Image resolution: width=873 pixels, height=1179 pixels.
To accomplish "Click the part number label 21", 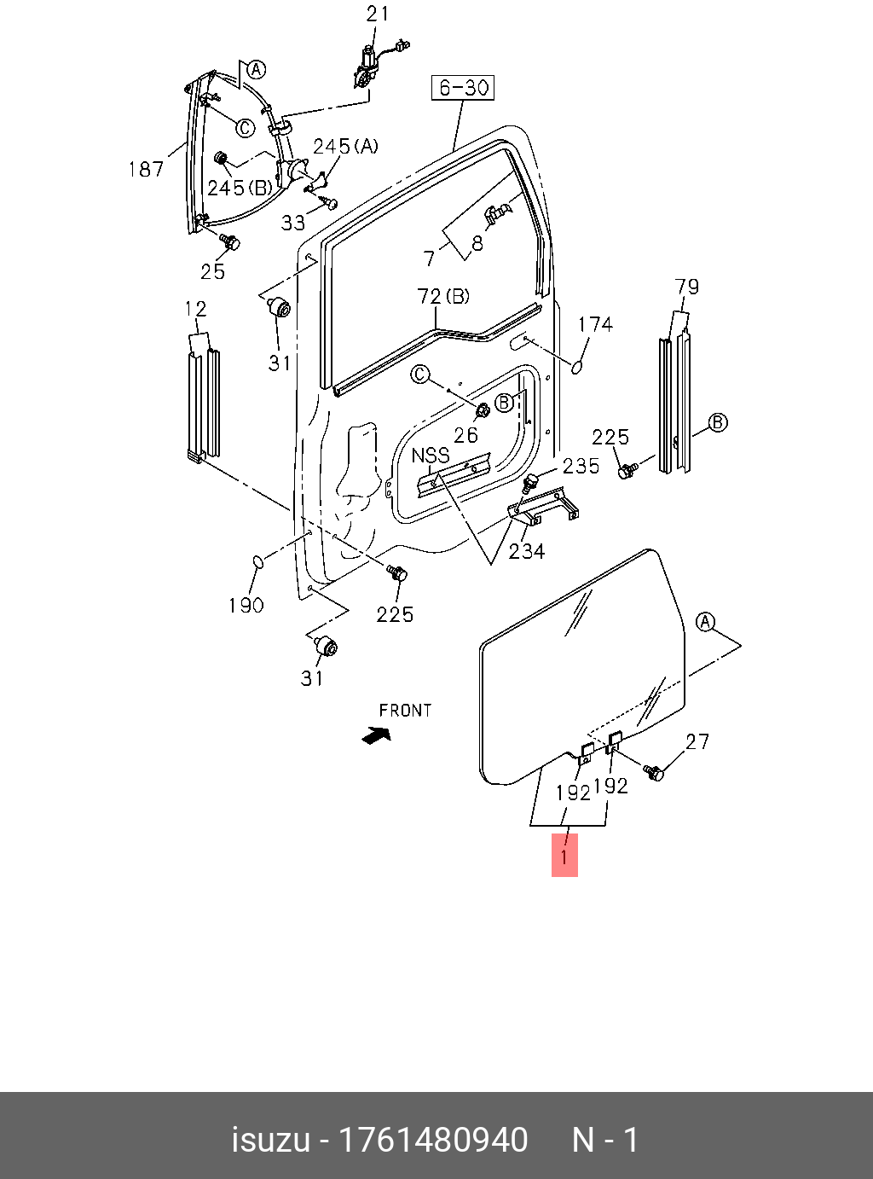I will tap(377, 15).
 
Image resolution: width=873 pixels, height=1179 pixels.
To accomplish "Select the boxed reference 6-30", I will tap(463, 87).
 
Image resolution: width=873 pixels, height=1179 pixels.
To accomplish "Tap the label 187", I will tap(146, 169).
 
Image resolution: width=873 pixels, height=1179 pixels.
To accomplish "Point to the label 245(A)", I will tap(345, 146).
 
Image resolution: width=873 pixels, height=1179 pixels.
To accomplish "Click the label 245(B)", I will tap(240, 187).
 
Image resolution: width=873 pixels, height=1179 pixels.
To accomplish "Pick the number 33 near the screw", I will tap(293, 223).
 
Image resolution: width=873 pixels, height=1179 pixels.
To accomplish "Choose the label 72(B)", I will tap(443, 297).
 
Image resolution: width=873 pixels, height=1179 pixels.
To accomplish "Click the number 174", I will tap(595, 324).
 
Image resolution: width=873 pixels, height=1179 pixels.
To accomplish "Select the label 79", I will tap(686, 286).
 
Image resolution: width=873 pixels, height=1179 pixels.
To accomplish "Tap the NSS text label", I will tap(431, 456).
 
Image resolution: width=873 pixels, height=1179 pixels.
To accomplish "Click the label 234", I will tap(527, 551).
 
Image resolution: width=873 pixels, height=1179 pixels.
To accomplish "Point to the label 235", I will tap(581, 466).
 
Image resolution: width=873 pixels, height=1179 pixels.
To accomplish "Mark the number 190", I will tap(246, 605).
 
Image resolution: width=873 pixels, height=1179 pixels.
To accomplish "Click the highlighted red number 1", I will tap(564, 856).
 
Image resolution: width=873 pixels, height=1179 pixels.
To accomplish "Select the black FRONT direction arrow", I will tap(376, 734).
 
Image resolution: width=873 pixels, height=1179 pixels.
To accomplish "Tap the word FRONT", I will tap(405, 710).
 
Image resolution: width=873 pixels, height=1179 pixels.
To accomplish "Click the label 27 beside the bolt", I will tap(697, 741).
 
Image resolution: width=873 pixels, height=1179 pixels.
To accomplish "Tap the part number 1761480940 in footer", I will tap(434, 1140).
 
